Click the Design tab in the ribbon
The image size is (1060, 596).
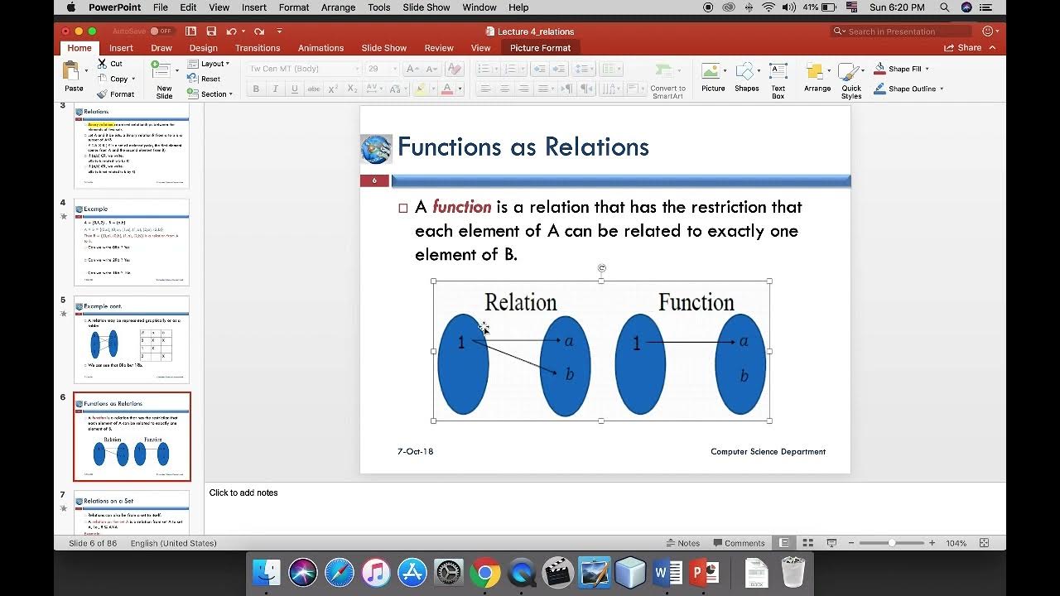[x=203, y=48]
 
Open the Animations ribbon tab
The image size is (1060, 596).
[x=320, y=48]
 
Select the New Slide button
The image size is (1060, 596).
[x=164, y=79]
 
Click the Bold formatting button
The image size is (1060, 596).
[x=256, y=89]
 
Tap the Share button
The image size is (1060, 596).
[x=963, y=48]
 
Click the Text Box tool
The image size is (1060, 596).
[x=778, y=79]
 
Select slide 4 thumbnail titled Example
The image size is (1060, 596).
[x=132, y=242]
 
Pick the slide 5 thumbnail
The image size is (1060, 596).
[x=132, y=339]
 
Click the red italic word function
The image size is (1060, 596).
[x=461, y=207]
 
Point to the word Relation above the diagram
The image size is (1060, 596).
[x=520, y=302]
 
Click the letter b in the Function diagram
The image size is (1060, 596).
[x=744, y=377]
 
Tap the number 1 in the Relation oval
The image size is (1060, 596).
[x=461, y=342]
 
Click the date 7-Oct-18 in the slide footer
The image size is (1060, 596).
[x=415, y=452]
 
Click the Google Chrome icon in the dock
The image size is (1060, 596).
[x=484, y=572]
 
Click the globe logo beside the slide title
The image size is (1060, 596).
[x=376, y=148]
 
